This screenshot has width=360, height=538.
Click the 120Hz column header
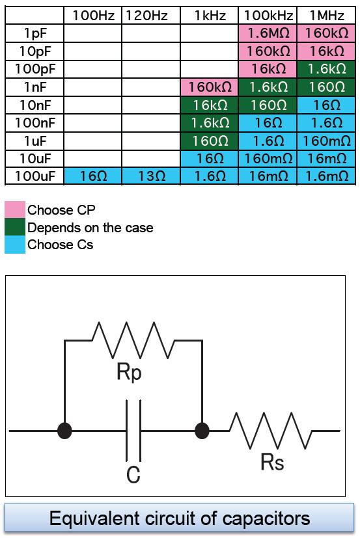click(146, 16)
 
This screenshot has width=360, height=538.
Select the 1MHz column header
click(327, 16)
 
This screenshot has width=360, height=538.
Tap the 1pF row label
click(35, 33)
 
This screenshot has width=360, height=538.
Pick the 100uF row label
click(35, 176)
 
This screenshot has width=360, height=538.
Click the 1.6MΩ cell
click(268, 33)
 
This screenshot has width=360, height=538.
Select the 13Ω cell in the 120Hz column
click(152, 176)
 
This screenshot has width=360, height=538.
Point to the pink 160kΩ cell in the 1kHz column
click(210, 87)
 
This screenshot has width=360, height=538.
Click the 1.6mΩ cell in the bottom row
click(327, 176)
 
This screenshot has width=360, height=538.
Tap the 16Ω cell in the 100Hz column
click(93, 176)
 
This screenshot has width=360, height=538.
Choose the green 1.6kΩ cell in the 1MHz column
click(327, 70)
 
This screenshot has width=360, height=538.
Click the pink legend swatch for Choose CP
click(15, 209)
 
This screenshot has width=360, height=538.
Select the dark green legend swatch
click(15, 227)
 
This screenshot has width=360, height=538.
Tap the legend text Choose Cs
click(60, 245)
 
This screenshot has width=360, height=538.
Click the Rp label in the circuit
click(129, 371)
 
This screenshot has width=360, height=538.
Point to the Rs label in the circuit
click(272, 462)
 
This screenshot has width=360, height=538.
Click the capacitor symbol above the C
click(133, 431)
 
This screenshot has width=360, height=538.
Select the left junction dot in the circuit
click(64, 431)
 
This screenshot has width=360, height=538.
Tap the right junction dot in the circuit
click(202, 431)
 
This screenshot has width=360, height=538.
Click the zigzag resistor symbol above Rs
click(271, 431)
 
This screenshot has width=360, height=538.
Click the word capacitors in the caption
click(266, 518)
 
